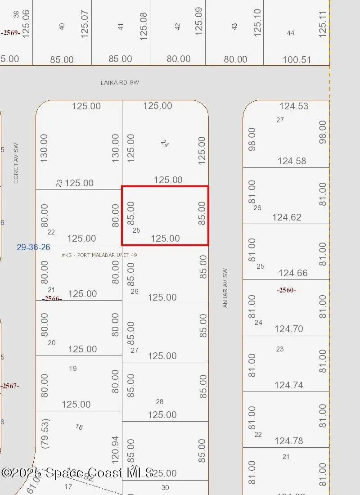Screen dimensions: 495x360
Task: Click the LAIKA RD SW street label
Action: (x=119, y=83)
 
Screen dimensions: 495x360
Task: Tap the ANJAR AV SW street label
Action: (x=225, y=288)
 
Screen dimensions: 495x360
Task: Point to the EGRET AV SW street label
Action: (x=16, y=163)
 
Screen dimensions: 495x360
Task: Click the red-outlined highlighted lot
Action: (x=165, y=216)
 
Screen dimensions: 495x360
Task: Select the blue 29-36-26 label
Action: (x=33, y=247)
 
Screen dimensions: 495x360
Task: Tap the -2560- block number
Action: (x=287, y=290)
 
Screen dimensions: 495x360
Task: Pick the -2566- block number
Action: (x=52, y=299)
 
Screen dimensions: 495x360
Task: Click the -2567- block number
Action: (x=10, y=386)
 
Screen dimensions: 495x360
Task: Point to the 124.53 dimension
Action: (x=294, y=106)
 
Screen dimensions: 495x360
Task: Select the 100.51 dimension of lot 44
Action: (x=297, y=60)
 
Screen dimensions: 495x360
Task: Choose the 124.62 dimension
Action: (x=287, y=217)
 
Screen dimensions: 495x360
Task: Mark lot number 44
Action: (x=290, y=33)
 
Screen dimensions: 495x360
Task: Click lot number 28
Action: (x=159, y=402)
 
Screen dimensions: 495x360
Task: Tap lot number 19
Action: (x=73, y=369)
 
